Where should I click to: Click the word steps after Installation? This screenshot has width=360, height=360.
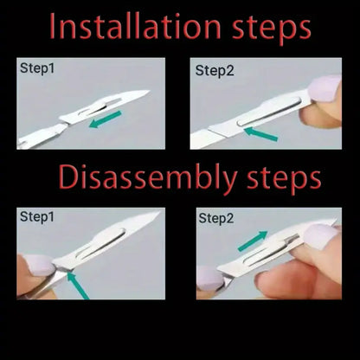pos(272,29)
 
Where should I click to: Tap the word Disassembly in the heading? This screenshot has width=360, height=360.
pos(147,177)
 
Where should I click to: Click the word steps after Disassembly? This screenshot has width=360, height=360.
pos(284,179)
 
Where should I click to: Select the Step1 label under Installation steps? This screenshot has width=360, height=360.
pos(37,69)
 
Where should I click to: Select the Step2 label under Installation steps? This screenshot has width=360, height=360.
pos(215,71)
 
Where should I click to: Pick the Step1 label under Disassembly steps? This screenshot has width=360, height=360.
pos(37,217)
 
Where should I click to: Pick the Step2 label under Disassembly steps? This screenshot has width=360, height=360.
pos(216,218)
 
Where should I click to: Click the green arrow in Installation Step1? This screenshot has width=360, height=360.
pos(106,119)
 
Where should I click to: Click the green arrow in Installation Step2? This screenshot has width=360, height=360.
pos(260,134)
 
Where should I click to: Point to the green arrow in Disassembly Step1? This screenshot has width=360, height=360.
pos(78,286)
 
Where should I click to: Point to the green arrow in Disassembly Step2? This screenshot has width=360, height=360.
pos(253,241)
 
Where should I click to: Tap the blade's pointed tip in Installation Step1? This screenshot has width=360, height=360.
pos(150,91)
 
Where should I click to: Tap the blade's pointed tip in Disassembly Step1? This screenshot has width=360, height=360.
pos(160,212)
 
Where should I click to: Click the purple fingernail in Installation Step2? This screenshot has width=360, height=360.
pos(325,89)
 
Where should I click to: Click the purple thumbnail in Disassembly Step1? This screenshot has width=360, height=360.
pos(39,265)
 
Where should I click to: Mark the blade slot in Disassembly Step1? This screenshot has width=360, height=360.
pos(101,244)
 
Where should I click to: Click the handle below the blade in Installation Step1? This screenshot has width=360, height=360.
pos(43,137)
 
